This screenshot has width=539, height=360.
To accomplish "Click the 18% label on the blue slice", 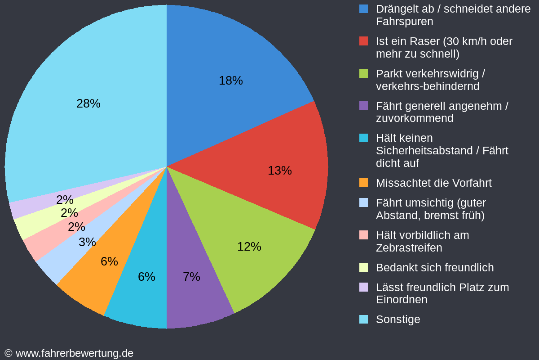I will click(x=230, y=81).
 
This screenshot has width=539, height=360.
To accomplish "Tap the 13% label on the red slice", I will click(x=279, y=171).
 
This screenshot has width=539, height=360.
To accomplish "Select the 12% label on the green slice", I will click(x=249, y=247).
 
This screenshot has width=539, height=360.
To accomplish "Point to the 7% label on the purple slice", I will click(x=191, y=277).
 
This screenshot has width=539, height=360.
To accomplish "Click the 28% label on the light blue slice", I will click(x=88, y=103).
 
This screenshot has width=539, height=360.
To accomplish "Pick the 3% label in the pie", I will click(x=87, y=242).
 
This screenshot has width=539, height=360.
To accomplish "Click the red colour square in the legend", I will click(x=363, y=41).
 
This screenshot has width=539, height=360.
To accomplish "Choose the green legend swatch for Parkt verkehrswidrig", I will click(x=363, y=73).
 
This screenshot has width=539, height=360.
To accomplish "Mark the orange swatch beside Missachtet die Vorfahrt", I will click(x=363, y=183).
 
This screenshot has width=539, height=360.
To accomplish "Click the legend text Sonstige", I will click(x=398, y=319).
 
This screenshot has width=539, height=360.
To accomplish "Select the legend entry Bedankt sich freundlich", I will click(x=434, y=268).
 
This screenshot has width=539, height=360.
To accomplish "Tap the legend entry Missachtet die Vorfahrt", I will click(x=433, y=183).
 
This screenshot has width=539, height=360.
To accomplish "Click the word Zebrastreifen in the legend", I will click(x=409, y=248).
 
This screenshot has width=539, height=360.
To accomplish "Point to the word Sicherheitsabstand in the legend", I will click(x=427, y=151).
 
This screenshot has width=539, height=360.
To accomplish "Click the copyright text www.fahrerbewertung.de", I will click(x=74, y=353).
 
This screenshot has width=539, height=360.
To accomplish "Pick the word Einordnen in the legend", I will click(x=402, y=300).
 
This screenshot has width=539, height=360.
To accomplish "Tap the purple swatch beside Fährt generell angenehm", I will click(x=363, y=106).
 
